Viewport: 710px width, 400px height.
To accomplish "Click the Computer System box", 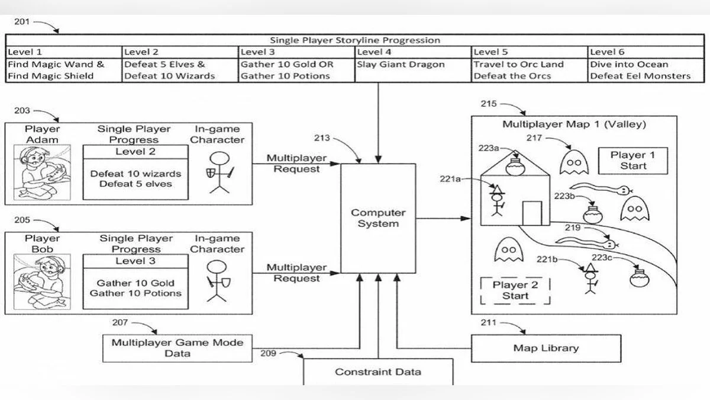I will point(379,218).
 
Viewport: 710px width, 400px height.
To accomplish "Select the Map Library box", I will point(546,348).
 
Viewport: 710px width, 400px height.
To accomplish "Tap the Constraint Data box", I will point(378,372).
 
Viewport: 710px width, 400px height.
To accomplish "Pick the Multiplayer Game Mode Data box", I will point(177,348).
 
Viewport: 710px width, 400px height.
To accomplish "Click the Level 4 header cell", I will point(413,52).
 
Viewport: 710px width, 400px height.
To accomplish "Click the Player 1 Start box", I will point(633,161).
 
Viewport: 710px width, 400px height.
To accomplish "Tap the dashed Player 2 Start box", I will point(515,290).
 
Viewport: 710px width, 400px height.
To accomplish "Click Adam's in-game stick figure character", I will point(220,172).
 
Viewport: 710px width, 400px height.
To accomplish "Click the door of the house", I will point(532,213).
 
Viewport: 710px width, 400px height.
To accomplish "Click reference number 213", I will point(322,139).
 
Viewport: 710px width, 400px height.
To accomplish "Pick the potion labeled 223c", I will point(640,277).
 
